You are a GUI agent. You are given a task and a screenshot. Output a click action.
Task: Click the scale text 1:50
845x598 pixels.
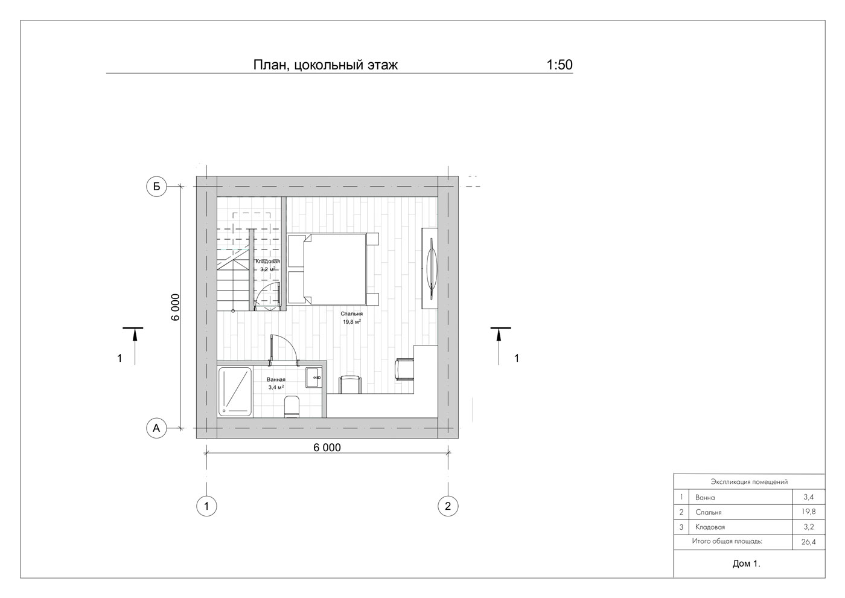[560, 65]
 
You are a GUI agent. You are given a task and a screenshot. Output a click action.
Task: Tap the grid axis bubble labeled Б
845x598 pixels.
[156, 186]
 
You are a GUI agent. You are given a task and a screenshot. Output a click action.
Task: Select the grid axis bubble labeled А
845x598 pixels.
[156, 428]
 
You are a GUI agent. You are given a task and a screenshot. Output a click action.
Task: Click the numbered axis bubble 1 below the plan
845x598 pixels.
[206, 506]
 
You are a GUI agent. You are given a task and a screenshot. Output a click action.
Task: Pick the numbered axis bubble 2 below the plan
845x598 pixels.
[448, 506]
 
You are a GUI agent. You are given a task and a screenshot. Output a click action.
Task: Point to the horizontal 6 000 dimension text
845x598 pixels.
[327, 448]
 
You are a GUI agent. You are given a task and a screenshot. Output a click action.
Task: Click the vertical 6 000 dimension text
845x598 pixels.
[176, 307]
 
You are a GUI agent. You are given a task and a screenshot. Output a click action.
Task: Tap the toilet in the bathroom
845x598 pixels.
[291, 406]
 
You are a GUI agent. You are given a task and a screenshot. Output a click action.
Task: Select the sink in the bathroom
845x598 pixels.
[313, 378]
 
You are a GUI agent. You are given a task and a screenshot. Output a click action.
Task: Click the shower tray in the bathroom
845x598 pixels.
[235, 391]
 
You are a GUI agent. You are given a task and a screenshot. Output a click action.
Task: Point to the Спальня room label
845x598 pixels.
[351, 313]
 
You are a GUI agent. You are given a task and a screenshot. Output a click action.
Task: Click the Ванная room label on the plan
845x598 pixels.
[276, 379]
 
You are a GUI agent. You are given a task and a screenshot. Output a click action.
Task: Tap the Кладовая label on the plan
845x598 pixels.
[267, 261]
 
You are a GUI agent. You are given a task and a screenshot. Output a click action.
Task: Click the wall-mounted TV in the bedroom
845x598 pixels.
[431, 268]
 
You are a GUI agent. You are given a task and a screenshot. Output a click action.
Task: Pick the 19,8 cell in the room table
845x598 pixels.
[809, 512]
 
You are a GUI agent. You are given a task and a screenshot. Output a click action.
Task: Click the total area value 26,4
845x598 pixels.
[809, 542]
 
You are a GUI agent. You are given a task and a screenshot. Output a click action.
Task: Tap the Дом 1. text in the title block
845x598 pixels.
[747, 564]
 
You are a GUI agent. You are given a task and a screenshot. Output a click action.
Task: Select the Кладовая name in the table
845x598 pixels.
[710, 527]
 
